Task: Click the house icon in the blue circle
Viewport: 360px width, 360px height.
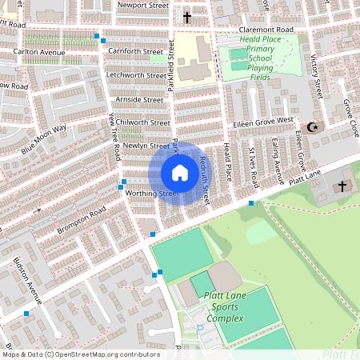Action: click(180, 173)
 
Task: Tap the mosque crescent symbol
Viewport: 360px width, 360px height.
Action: click(312, 126)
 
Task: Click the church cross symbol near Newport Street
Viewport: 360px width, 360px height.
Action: click(188, 17)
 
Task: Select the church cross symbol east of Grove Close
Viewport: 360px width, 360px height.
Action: click(342, 186)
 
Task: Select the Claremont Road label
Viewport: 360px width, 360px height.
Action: click(266, 30)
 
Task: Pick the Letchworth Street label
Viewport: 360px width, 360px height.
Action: click(136, 75)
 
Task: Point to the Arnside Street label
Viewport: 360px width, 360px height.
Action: click(139, 99)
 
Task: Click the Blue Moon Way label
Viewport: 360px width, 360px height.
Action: click(44, 139)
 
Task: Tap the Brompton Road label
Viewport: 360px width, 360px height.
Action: click(81, 221)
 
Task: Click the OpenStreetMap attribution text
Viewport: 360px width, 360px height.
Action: click(81, 354)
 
